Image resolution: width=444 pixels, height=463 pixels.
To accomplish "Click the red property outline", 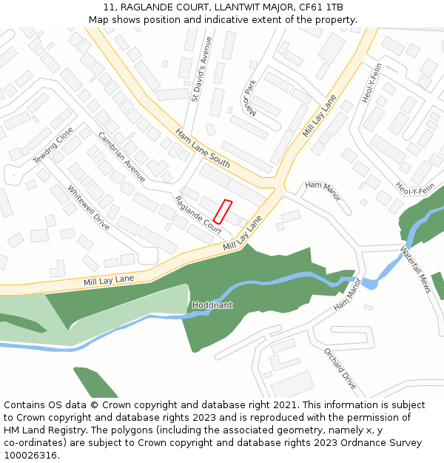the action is point(223,212).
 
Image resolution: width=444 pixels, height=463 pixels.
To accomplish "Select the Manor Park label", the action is point(249,99).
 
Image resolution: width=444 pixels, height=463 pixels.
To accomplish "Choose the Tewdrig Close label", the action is point(53,146).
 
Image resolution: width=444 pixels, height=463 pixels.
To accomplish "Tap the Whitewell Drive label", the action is point(88,207).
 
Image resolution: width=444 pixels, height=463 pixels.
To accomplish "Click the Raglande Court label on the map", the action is point(198,216).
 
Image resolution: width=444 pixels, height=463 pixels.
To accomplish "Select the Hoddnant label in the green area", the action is point(212,305).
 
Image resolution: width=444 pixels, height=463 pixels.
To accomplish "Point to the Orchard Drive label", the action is point(340,368).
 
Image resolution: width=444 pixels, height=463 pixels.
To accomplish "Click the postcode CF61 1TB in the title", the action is point(323,7).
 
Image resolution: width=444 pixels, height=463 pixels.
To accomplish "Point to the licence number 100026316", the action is point(31,456).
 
